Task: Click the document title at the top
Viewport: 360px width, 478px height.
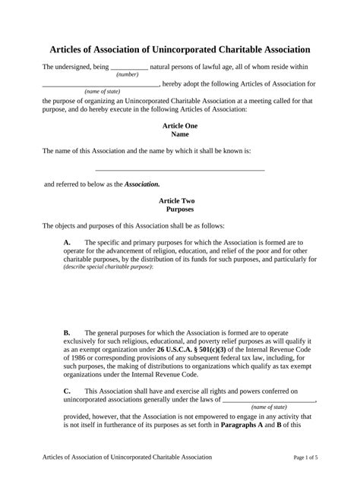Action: click(x=180, y=49)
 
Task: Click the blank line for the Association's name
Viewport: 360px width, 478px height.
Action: click(x=180, y=170)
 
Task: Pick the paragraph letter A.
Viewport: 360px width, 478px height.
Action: click(x=67, y=241)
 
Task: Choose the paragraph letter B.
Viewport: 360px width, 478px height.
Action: click(x=67, y=332)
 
